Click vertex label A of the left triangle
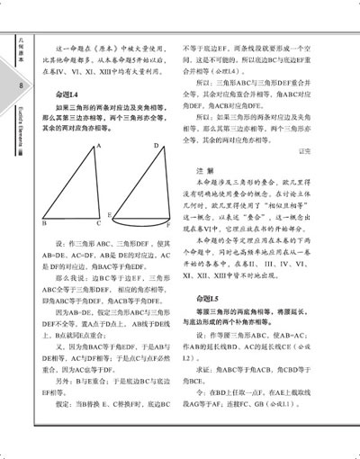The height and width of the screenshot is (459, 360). pyautogui.click(x=97, y=147)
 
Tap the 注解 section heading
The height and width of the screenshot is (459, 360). pyautogui.click(x=203, y=170)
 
